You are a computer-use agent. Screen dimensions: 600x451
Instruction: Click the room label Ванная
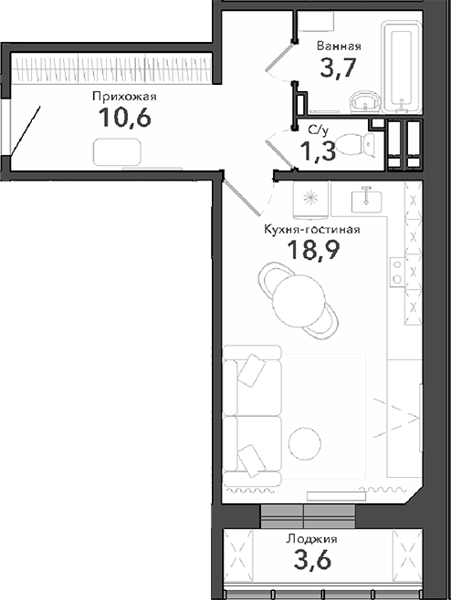[x=339, y=46]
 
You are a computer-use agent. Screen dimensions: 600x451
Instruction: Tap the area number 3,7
[x=339, y=68]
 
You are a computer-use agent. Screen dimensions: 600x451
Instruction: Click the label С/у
[x=319, y=130]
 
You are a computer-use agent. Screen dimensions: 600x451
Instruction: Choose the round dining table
[x=298, y=296]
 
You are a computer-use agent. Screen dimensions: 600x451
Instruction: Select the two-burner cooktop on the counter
[x=396, y=270]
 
